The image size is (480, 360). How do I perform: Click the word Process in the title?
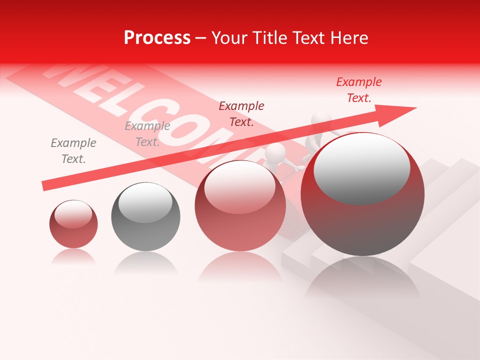[x=157, y=38]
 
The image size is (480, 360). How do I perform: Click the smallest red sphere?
[x=73, y=224]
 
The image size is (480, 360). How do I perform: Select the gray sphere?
[x=145, y=217]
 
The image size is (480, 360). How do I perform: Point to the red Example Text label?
[x=358, y=90]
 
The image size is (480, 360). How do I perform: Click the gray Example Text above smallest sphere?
[x=73, y=151]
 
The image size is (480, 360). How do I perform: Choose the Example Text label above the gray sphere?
[x=147, y=134]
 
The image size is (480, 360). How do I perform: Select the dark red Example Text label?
[x=241, y=114]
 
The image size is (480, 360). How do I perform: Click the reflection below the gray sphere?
[x=145, y=262]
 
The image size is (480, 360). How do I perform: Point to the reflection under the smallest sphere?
[x=73, y=257]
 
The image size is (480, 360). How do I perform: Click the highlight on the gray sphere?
[x=145, y=202]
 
